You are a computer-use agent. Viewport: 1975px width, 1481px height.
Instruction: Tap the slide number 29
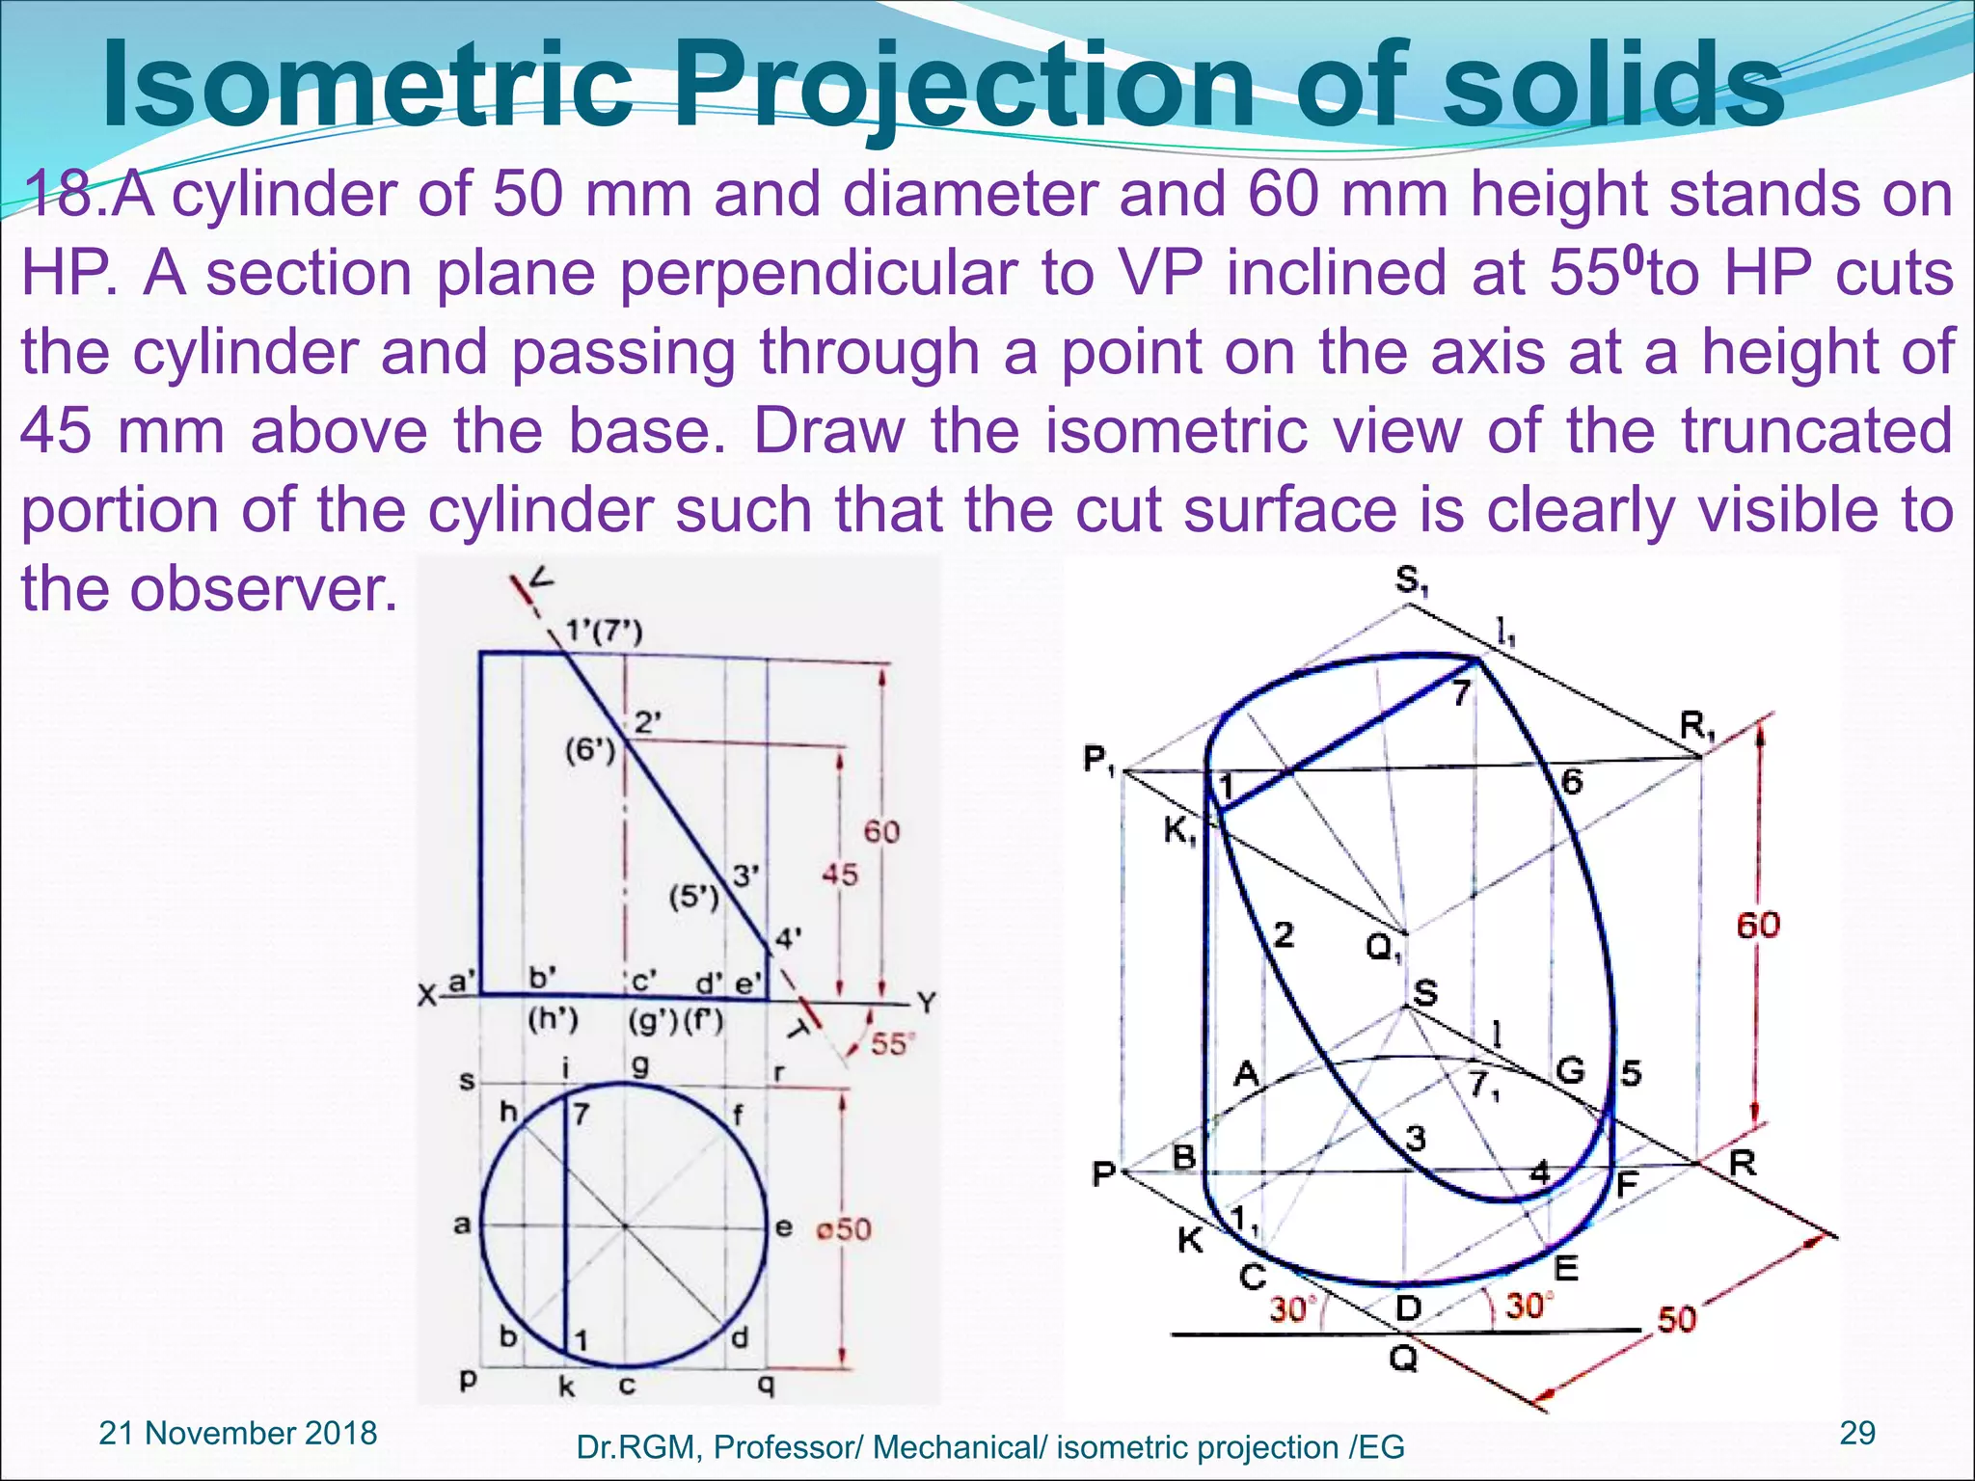click(x=1857, y=1433)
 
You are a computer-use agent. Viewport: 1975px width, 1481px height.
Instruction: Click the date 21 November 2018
click(x=238, y=1433)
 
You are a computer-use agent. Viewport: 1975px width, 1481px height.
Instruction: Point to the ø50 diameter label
click(x=843, y=1229)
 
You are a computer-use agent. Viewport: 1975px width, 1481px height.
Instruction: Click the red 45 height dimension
click(x=839, y=875)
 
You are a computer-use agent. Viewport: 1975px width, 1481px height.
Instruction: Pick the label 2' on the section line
click(x=647, y=722)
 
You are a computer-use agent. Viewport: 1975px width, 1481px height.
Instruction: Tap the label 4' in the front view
click(x=788, y=937)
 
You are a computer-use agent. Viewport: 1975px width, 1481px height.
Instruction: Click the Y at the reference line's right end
click(x=926, y=1004)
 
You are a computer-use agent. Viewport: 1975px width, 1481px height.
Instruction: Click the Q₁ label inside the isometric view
click(x=1384, y=949)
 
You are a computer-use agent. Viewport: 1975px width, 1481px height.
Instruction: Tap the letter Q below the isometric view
click(x=1403, y=1360)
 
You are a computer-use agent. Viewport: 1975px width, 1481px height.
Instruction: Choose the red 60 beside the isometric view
click(x=1757, y=926)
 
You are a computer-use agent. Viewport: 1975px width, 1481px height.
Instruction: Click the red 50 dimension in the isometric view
click(x=1676, y=1319)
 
